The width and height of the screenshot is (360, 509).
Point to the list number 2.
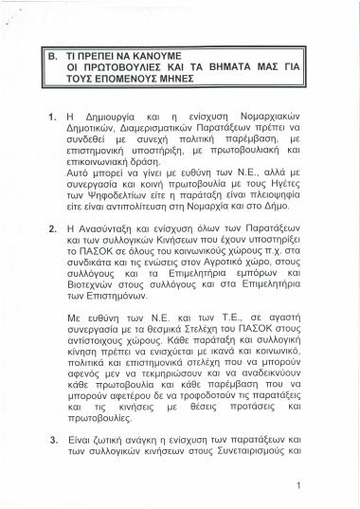52,230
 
